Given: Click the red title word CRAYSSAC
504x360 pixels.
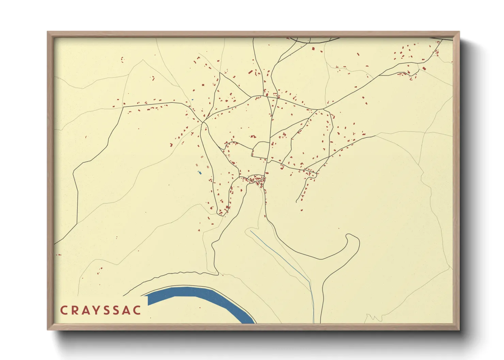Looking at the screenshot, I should click(x=100, y=310).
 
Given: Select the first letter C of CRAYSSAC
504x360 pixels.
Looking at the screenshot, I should click(x=64, y=310).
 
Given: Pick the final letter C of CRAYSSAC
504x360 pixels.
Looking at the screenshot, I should click(x=137, y=310).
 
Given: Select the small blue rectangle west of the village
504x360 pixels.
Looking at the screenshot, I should click(x=200, y=173).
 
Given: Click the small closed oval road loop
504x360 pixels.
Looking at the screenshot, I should click(x=261, y=150).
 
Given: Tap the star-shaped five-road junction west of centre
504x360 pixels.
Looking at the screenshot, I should click(x=203, y=122).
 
